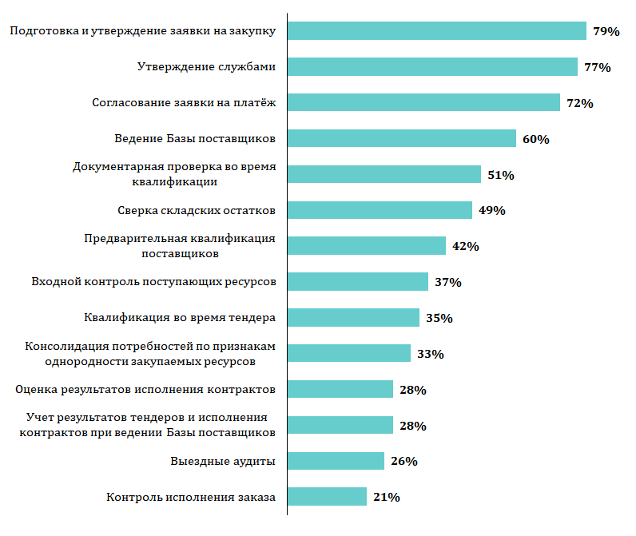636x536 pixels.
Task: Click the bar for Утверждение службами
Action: [432, 66]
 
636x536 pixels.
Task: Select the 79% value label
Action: [606, 31]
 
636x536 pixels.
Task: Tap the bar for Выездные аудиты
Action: [336, 461]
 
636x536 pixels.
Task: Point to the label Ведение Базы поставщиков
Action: [195, 138]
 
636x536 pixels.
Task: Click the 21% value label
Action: [386, 497]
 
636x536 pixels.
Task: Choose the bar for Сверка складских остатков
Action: [380, 210]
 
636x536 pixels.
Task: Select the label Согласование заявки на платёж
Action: [184, 102]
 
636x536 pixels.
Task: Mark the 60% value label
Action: [535, 139]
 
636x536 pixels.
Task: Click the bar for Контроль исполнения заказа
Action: [327, 497]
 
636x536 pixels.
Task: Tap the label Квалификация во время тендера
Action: [180, 317]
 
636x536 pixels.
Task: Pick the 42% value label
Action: [465, 246]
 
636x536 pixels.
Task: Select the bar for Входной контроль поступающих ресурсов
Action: [358, 281]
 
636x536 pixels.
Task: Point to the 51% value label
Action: [500, 175]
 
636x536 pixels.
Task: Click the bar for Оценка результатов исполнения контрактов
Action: [340, 389]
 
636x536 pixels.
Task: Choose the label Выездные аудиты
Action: [223, 461]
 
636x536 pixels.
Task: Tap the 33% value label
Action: [430, 354]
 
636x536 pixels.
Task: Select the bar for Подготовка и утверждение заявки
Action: [437, 30]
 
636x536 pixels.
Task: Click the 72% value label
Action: [579, 103]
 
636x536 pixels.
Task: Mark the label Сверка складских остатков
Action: [196, 210]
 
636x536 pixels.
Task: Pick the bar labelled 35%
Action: [353, 317]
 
